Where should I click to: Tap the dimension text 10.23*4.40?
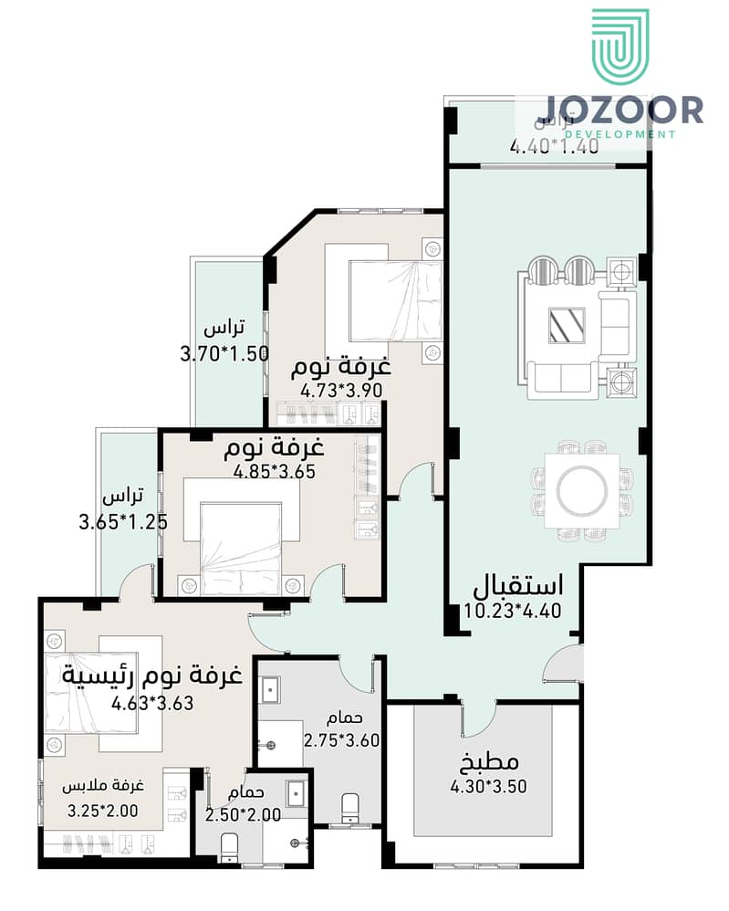click(512, 613)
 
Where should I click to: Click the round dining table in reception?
click(580, 492)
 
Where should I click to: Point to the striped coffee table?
click(566, 325)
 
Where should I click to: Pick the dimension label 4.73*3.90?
click(341, 391)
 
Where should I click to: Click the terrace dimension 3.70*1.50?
click(224, 354)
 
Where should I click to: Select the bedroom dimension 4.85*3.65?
click(275, 473)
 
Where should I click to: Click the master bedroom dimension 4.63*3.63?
click(152, 703)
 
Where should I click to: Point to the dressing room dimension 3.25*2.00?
click(103, 810)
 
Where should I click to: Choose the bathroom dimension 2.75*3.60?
click(341, 741)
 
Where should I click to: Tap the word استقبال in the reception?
click(516, 584)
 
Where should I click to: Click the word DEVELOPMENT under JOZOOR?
click(620, 134)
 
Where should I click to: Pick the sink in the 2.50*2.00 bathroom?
click(296, 794)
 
